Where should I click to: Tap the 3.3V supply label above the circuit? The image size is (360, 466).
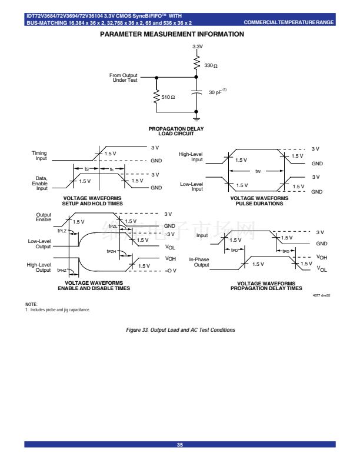[x=198, y=46]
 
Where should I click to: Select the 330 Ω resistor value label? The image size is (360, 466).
[x=211, y=65]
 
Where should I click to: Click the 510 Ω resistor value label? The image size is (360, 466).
[x=168, y=96]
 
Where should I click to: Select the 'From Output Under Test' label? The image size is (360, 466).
[x=123, y=78]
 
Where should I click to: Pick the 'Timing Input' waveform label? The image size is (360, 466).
[x=39, y=155]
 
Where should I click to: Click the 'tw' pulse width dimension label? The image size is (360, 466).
[x=258, y=172]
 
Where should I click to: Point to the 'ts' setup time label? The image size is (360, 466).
[x=86, y=169]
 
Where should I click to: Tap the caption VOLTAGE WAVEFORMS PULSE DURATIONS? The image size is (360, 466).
[x=259, y=201]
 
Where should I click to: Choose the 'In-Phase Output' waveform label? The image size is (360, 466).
[x=199, y=262]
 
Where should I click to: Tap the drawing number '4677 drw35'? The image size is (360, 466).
[x=321, y=295]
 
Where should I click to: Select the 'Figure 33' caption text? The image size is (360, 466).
[x=181, y=330]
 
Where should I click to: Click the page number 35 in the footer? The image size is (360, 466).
[x=180, y=445]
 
